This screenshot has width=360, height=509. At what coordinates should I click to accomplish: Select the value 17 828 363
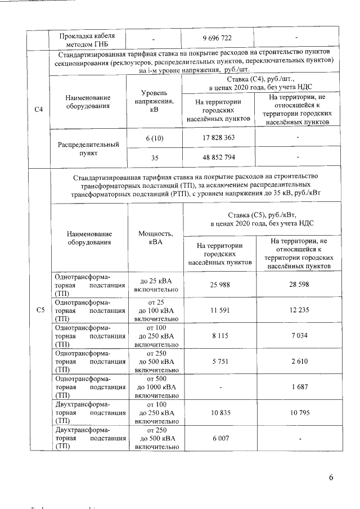219,137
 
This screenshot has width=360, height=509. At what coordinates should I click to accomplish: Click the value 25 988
219,285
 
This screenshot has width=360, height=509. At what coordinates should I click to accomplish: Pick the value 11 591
219,310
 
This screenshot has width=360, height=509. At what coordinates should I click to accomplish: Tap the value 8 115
219,336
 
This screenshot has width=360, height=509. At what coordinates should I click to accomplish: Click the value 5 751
219,361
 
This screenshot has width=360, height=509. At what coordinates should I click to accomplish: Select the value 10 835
219,412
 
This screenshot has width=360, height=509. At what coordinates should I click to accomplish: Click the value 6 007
219,438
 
